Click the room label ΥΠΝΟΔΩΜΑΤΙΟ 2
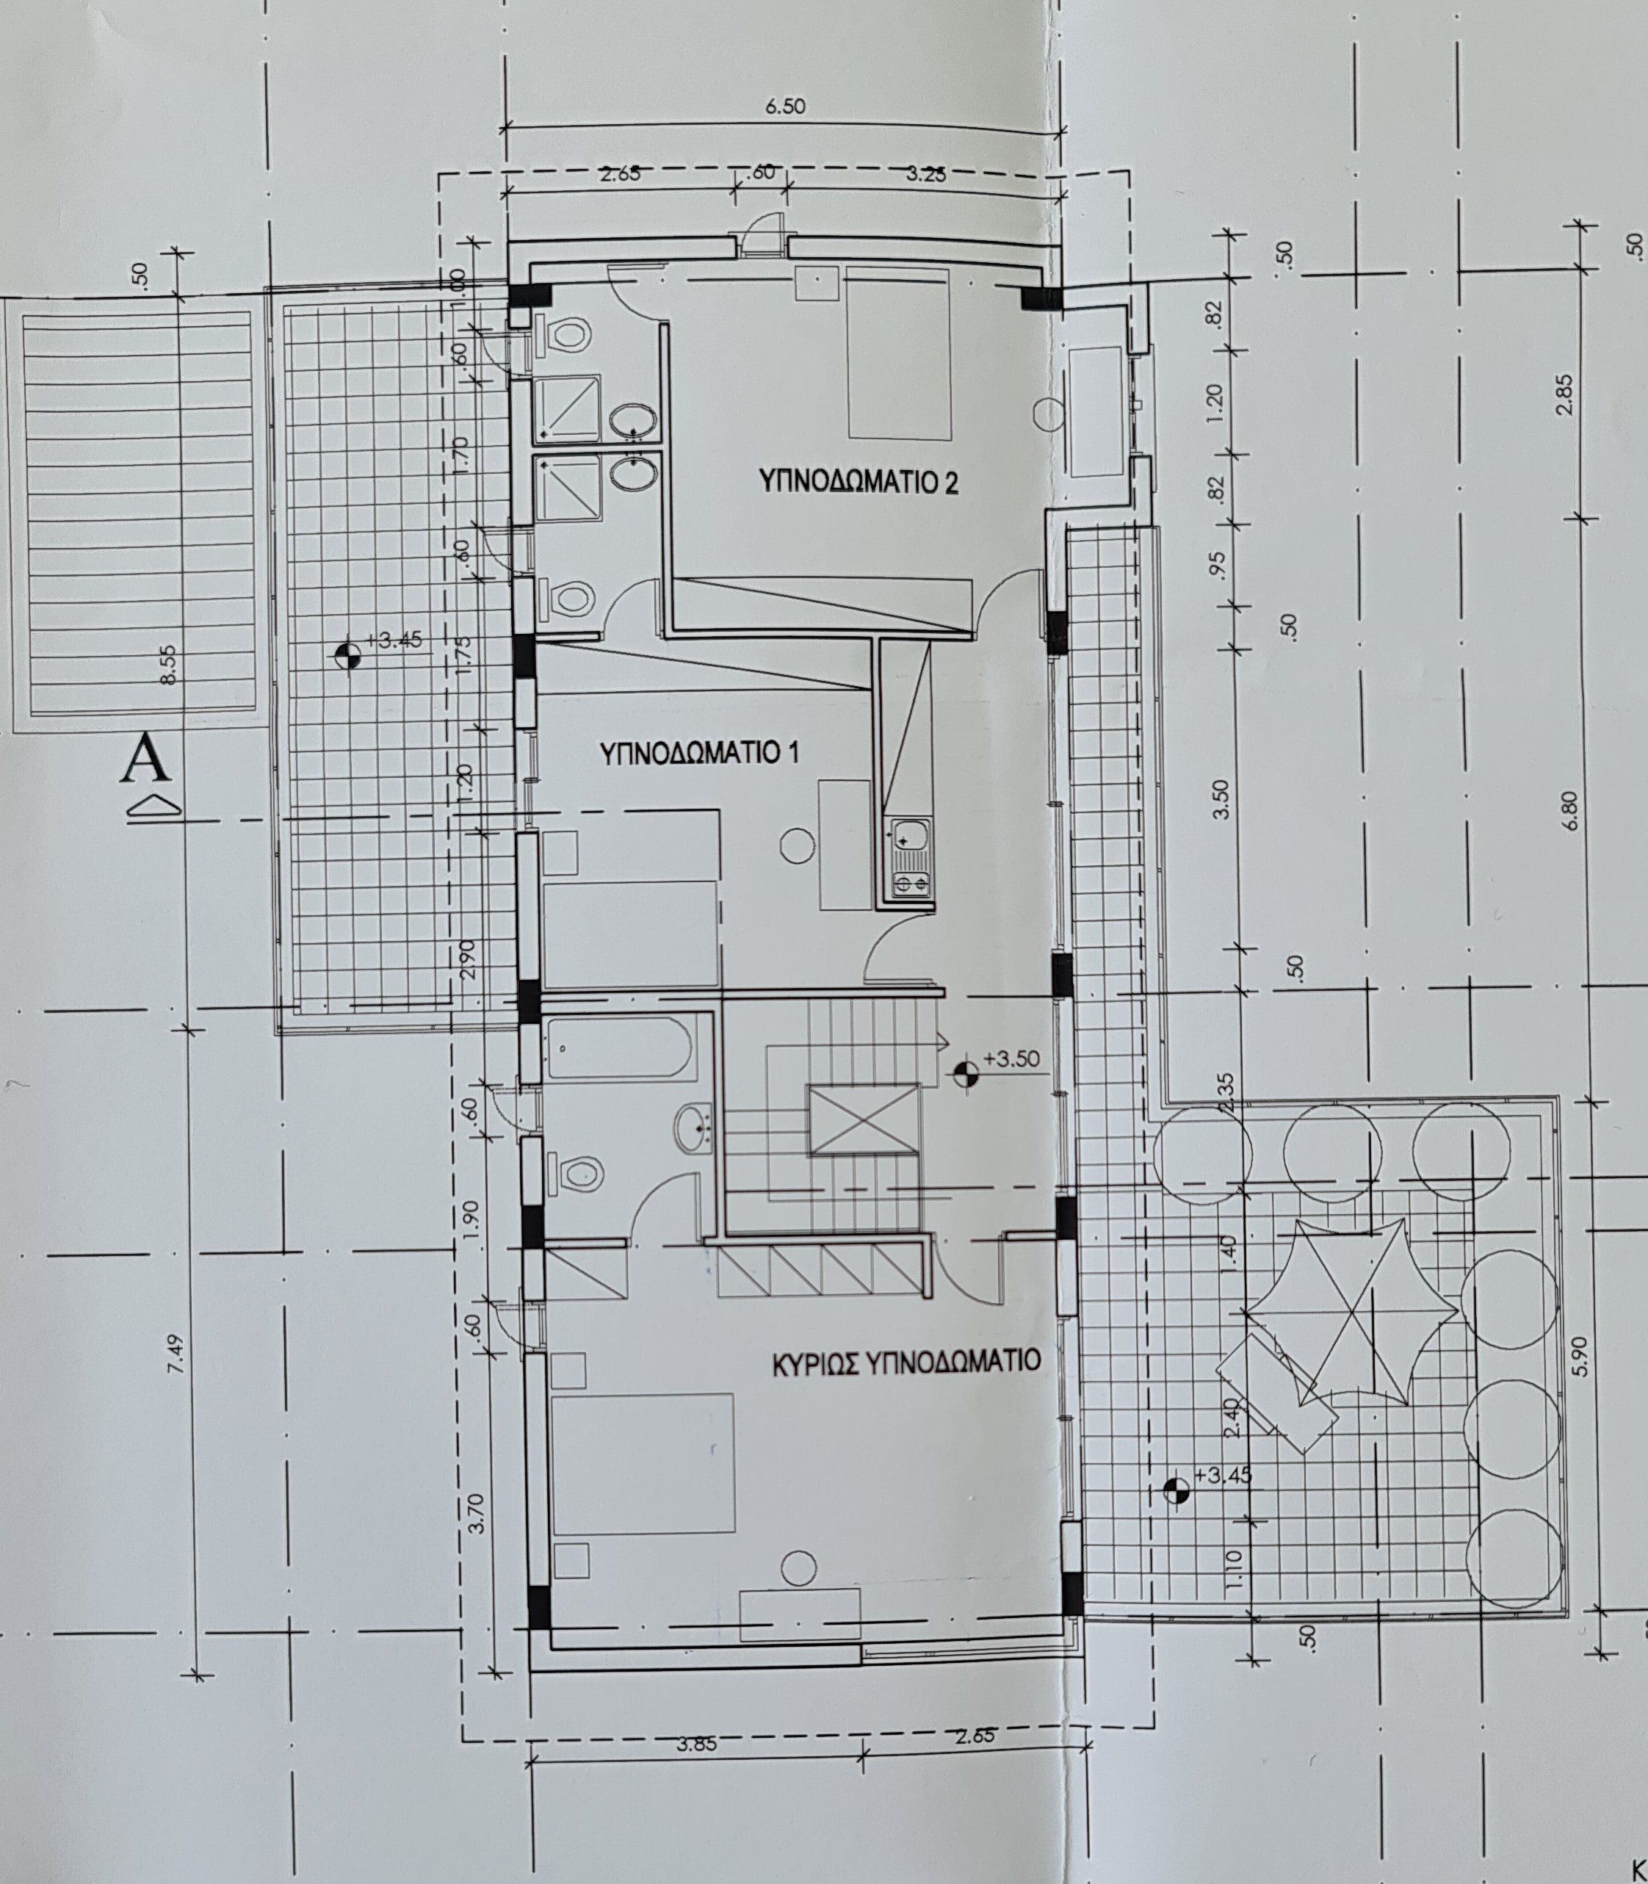click(x=858, y=481)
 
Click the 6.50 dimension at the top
click(x=785, y=106)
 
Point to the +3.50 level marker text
click(x=1011, y=1058)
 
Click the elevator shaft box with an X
click(x=863, y=1118)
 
